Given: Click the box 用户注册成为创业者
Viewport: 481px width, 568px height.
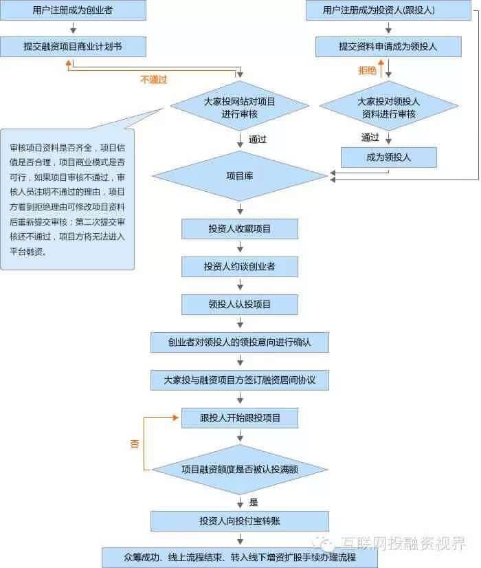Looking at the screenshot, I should (x=73, y=10).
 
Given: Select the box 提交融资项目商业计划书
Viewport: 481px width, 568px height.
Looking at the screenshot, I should (x=73, y=47).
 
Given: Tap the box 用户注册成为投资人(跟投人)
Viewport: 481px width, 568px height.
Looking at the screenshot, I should (x=388, y=10).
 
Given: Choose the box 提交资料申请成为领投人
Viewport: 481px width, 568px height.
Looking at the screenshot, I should (x=388, y=47).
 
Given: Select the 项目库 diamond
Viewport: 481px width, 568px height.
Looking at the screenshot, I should (x=240, y=177).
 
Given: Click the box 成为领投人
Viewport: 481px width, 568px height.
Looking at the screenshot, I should (x=388, y=157).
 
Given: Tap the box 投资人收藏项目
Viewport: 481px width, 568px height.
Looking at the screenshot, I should (x=240, y=229).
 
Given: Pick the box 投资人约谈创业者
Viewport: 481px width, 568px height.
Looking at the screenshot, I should (x=240, y=266).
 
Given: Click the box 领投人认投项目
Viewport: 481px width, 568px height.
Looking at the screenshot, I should (x=240, y=304).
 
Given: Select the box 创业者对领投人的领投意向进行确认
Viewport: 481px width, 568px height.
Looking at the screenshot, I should (x=240, y=342).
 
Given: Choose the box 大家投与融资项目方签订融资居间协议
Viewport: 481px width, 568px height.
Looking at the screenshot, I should (x=240, y=380).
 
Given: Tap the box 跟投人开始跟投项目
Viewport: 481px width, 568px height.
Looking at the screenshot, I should (x=240, y=418).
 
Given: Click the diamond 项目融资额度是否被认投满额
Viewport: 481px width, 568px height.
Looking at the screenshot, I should (x=240, y=470).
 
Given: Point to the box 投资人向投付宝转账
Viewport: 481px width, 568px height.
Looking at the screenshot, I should (x=240, y=521).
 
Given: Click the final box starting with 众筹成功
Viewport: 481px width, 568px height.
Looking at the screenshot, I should (x=240, y=557).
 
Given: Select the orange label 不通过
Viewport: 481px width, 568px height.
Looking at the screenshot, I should (x=153, y=80).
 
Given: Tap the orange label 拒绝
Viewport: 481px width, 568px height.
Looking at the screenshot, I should (x=368, y=70).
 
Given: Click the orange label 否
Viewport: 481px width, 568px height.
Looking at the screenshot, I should (x=135, y=444).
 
